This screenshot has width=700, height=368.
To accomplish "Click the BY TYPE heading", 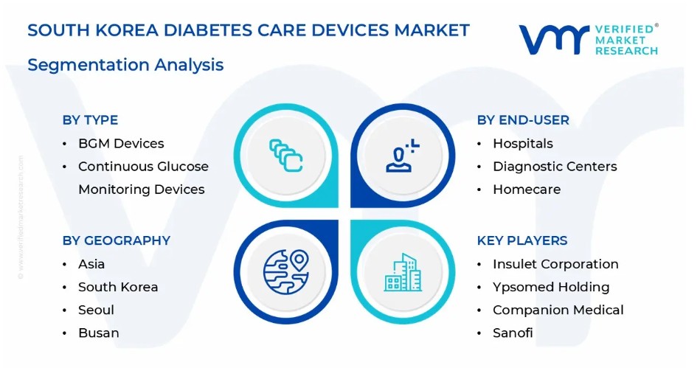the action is [90, 120].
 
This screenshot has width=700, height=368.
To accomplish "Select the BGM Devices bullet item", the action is [121, 143].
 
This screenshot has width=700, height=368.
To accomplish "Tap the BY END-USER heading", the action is [523, 120].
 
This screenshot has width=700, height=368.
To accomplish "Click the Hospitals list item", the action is [523, 143].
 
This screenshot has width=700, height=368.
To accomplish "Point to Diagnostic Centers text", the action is [555, 167].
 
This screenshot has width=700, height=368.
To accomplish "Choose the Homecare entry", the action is [527, 190].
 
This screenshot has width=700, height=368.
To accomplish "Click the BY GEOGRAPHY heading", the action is [116, 240].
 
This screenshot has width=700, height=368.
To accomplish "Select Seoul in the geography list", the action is [96, 310].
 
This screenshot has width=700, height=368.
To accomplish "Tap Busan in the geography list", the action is [99, 333].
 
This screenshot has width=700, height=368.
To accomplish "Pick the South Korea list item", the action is [118, 287].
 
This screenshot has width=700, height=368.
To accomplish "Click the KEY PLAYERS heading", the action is [522, 240].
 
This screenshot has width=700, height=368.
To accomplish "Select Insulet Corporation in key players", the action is [555, 264].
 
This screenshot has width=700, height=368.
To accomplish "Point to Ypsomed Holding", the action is [551, 287].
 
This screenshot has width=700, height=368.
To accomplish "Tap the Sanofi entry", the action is [513, 333].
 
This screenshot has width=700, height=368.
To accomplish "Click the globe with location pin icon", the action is [285, 271].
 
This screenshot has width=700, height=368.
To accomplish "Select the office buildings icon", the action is [403, 272].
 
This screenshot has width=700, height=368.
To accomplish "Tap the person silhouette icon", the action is [402, 156].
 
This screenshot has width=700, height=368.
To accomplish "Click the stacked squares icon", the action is [285, 156].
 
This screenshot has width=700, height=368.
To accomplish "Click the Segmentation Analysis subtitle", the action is [125, 65].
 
